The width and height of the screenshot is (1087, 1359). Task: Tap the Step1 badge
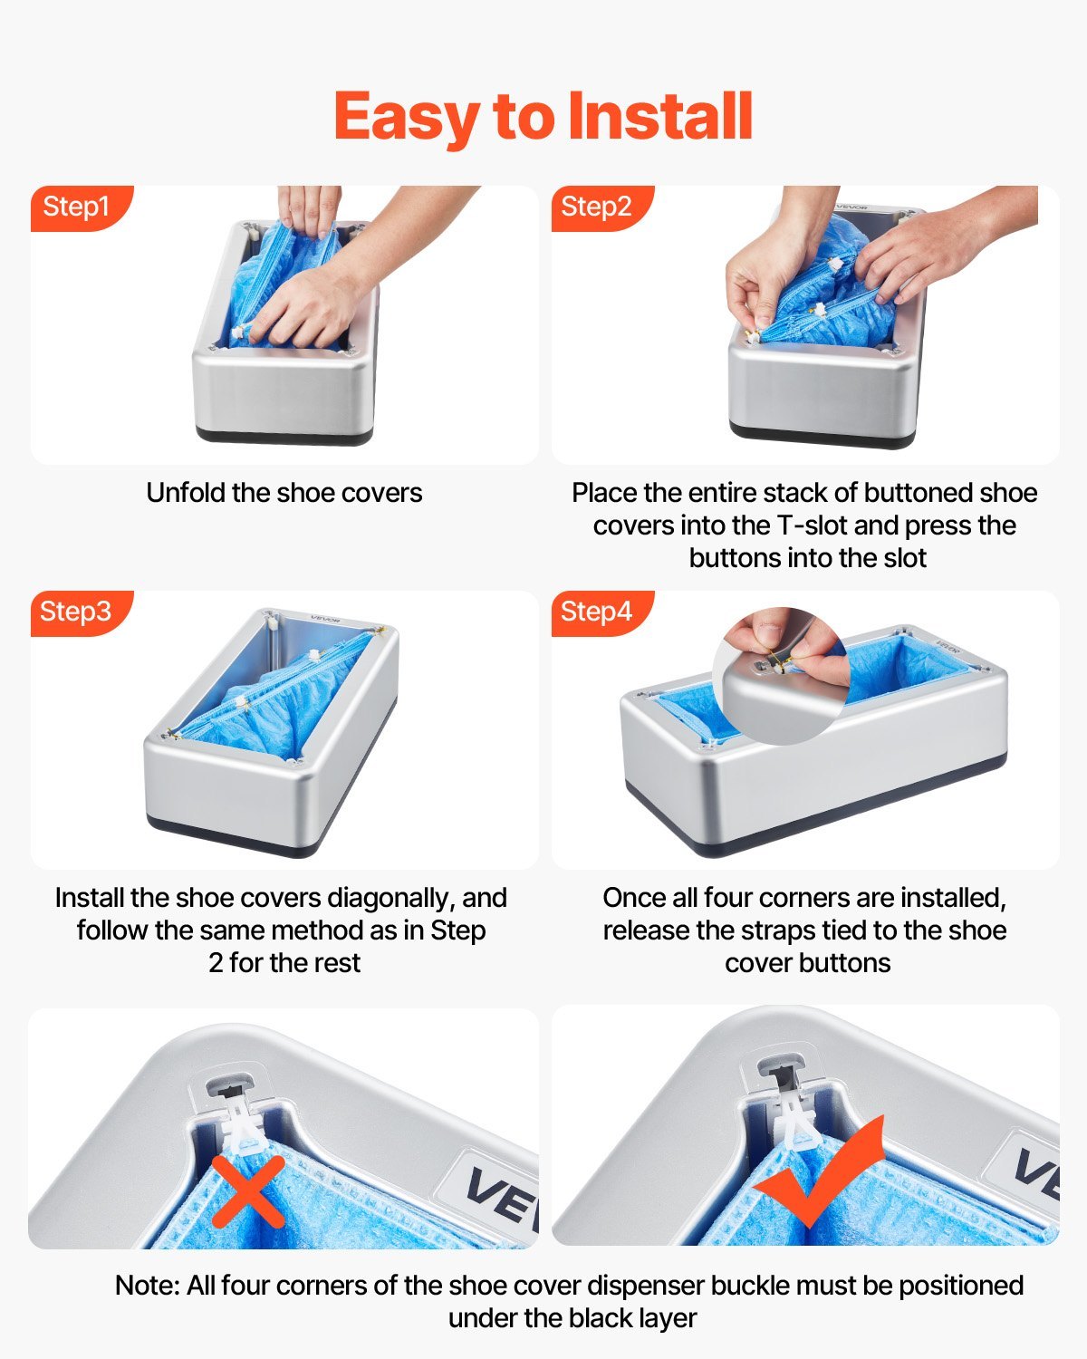76,207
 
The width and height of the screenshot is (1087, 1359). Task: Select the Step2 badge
596,207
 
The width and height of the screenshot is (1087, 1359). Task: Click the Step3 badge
76,612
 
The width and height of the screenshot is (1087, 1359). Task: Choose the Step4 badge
596,612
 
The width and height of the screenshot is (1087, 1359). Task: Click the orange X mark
248,1190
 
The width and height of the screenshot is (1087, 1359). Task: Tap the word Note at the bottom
147,1286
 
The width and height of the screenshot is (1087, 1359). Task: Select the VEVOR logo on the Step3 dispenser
324,618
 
